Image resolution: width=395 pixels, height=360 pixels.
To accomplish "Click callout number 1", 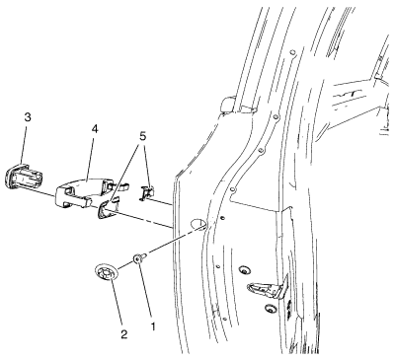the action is click(x=152, y=326).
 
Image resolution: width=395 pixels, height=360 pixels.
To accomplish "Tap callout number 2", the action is click(x=124, y=334).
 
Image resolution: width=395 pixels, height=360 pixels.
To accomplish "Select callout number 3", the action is click(x=28, y=117).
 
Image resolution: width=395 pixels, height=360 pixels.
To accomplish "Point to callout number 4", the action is click(x=95, y=129).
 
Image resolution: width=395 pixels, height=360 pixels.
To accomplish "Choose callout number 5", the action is click(x=142, y=136).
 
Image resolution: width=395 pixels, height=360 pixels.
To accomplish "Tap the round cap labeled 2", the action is click(x=107, y=273).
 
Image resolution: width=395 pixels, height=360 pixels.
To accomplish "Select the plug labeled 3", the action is click(x=24, y=176).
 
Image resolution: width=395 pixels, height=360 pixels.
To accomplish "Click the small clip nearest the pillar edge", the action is click(x=147, y=193).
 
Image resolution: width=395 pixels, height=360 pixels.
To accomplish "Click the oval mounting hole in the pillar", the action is click(x=198, y=223).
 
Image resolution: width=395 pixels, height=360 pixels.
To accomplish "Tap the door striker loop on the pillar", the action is click(x=268, y=287).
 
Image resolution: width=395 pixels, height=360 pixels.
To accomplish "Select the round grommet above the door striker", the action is click(x=245, y=270).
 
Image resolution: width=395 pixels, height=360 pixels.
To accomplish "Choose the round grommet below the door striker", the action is click(x=271, y=309).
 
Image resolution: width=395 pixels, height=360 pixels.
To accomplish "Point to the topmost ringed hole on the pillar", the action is click(x=292, y=52).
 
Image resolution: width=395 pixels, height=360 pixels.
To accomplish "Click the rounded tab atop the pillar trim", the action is click(x=228, y=105).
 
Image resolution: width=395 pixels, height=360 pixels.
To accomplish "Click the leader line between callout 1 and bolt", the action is click(x=145, y=292).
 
